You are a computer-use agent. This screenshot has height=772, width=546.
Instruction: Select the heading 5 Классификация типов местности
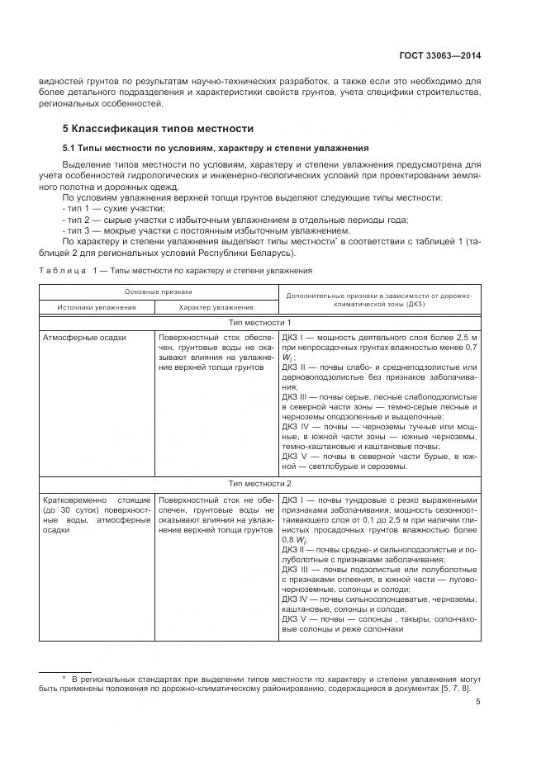click(158, 130)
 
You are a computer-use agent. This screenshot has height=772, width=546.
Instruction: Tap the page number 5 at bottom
click(478, 703)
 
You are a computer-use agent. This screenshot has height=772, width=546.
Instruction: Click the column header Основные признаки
click(158, 291)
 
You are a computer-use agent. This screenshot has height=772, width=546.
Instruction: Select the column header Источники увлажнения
click(96, 306)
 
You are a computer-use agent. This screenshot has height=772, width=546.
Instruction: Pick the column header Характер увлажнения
click(216, 306)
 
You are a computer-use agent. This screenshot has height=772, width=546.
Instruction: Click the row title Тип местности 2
click(264, 484)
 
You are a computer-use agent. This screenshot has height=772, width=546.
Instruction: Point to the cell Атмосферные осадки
click(82, 337)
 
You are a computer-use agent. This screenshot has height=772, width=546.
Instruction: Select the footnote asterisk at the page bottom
click(64, 678)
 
